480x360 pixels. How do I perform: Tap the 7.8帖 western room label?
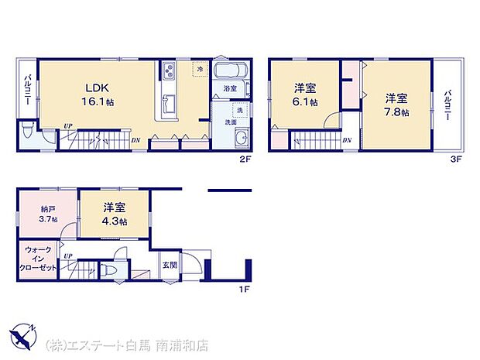pyautogui.click(x=396, y=105)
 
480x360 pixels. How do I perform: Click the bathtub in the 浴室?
pyautogui.click(x=231, y=74)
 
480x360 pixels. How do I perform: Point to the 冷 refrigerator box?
pyautogui.click(x=201, y=70)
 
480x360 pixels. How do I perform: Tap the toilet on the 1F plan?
pyautogui.click(x=110, y=270)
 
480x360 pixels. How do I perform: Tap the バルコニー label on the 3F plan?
pyautogui.click(x=448, y=104)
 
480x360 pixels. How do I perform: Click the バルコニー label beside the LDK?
pyautogui.click(x=27, y=91)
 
